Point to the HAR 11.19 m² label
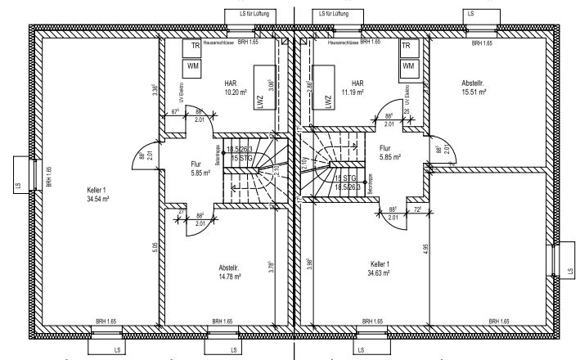click(x=357, y=88)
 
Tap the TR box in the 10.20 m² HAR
click(x=195, y=47)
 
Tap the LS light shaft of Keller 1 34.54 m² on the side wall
click(x=18, y=174)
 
